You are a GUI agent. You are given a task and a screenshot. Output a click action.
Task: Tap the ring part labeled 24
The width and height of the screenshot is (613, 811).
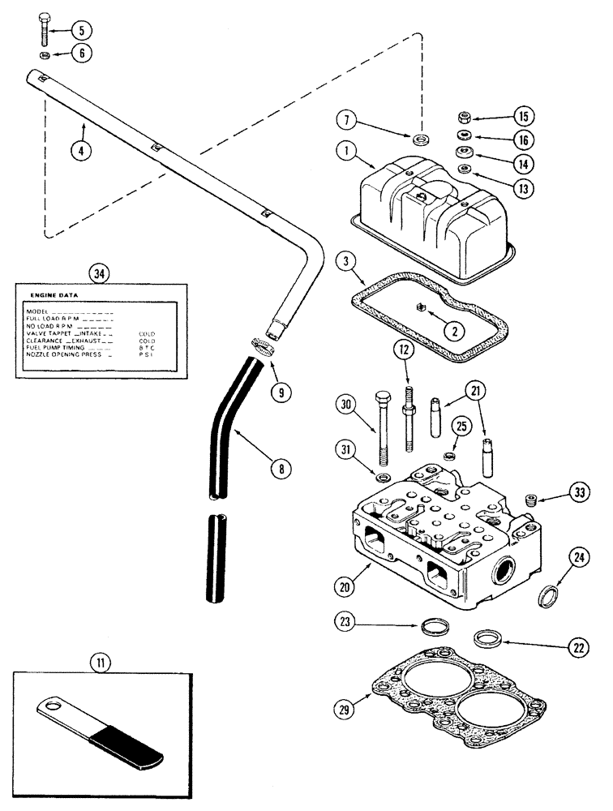(x=549, y=598)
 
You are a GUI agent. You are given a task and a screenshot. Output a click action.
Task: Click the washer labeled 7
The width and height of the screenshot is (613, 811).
(x=417, y=139)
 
